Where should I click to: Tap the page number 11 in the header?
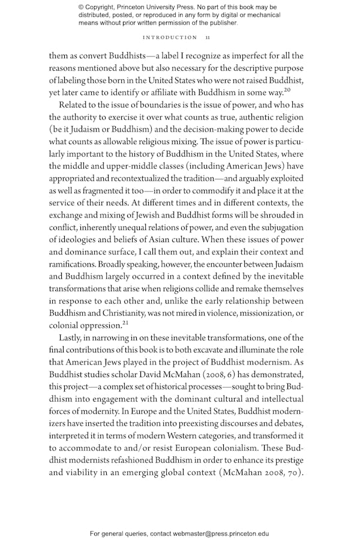[x=207, y=37]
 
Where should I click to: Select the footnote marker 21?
[x=125, y=322]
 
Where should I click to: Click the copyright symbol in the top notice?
[x=82, y=7]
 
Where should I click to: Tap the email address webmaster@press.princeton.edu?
[x=220, y=533]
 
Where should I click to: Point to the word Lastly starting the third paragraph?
[x=73, y=339]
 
